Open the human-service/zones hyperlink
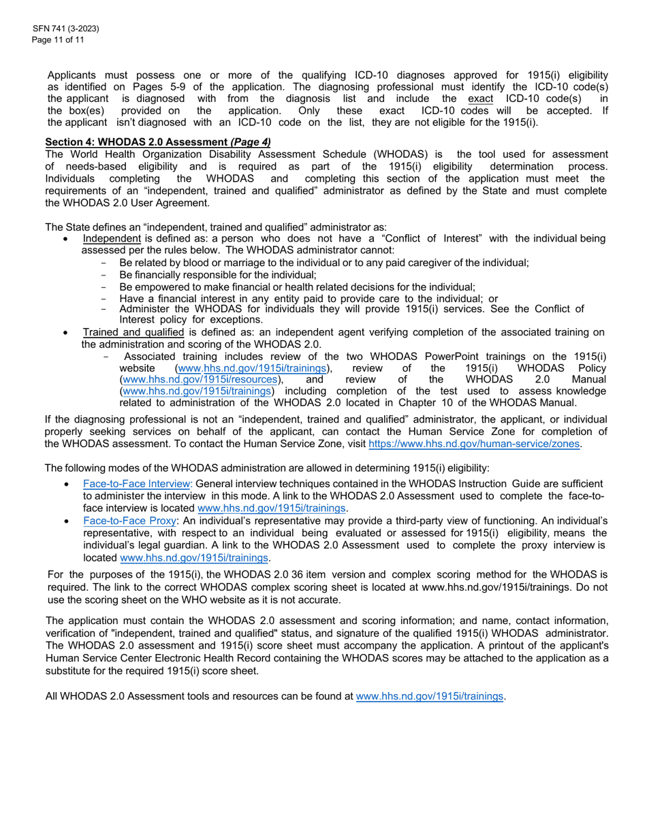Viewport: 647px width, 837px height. [x=475, y=444]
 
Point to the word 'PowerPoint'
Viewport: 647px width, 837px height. [x=458, y=357]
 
